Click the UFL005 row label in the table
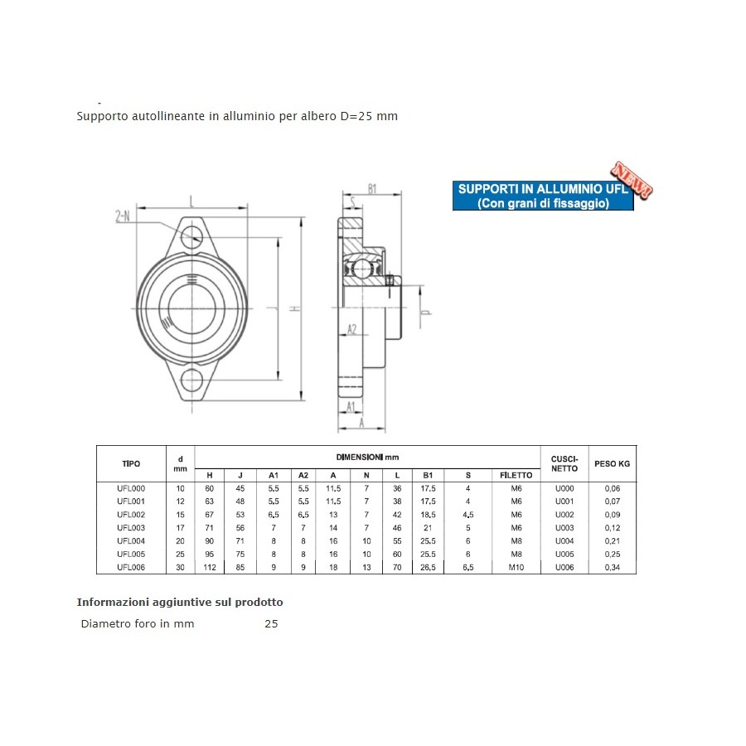tap(131, 554)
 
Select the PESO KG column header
tap(612, 463)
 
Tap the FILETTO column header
tap(516, 475)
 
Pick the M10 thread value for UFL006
tap(516, 567)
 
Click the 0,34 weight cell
tap(613, 567)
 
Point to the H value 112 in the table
tap(210, 567)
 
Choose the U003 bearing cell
tap(564, 528)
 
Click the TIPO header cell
tap(131, 463)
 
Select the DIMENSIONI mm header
tap(367, 458)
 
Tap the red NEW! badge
tap(632, 180)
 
